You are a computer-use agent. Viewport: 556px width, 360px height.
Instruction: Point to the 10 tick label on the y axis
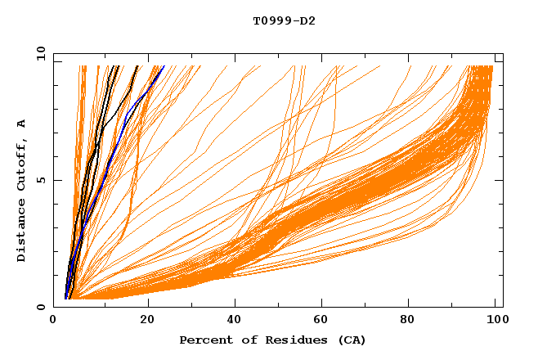pyautogui.click(x=42, y=53)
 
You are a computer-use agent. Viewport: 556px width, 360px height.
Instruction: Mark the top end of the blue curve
pyautogui.click(x=164, y=66)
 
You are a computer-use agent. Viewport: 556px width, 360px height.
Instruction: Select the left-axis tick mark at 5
pyautogui.click(x=56, y=180)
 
